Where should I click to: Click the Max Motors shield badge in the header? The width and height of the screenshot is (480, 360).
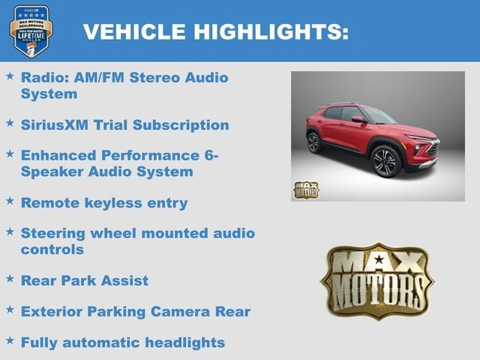(31, 31)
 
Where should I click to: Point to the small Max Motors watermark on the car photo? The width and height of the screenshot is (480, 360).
(305, 189)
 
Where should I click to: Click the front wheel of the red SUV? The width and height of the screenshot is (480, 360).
(385, 160)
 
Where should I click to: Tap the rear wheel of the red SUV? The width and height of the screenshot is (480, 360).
(313, 142)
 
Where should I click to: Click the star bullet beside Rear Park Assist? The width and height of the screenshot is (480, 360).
(10, 279)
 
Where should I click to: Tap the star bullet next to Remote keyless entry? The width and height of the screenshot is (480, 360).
(10, 201)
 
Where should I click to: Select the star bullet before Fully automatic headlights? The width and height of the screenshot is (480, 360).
(10, 341)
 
